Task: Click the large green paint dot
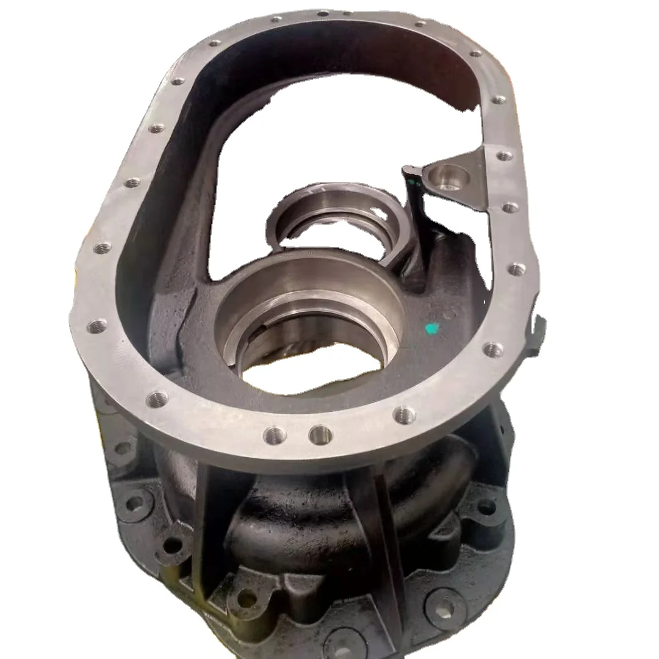point(432,329)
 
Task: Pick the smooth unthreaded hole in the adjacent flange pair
point(320,434)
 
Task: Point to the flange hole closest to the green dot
point(492,350)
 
